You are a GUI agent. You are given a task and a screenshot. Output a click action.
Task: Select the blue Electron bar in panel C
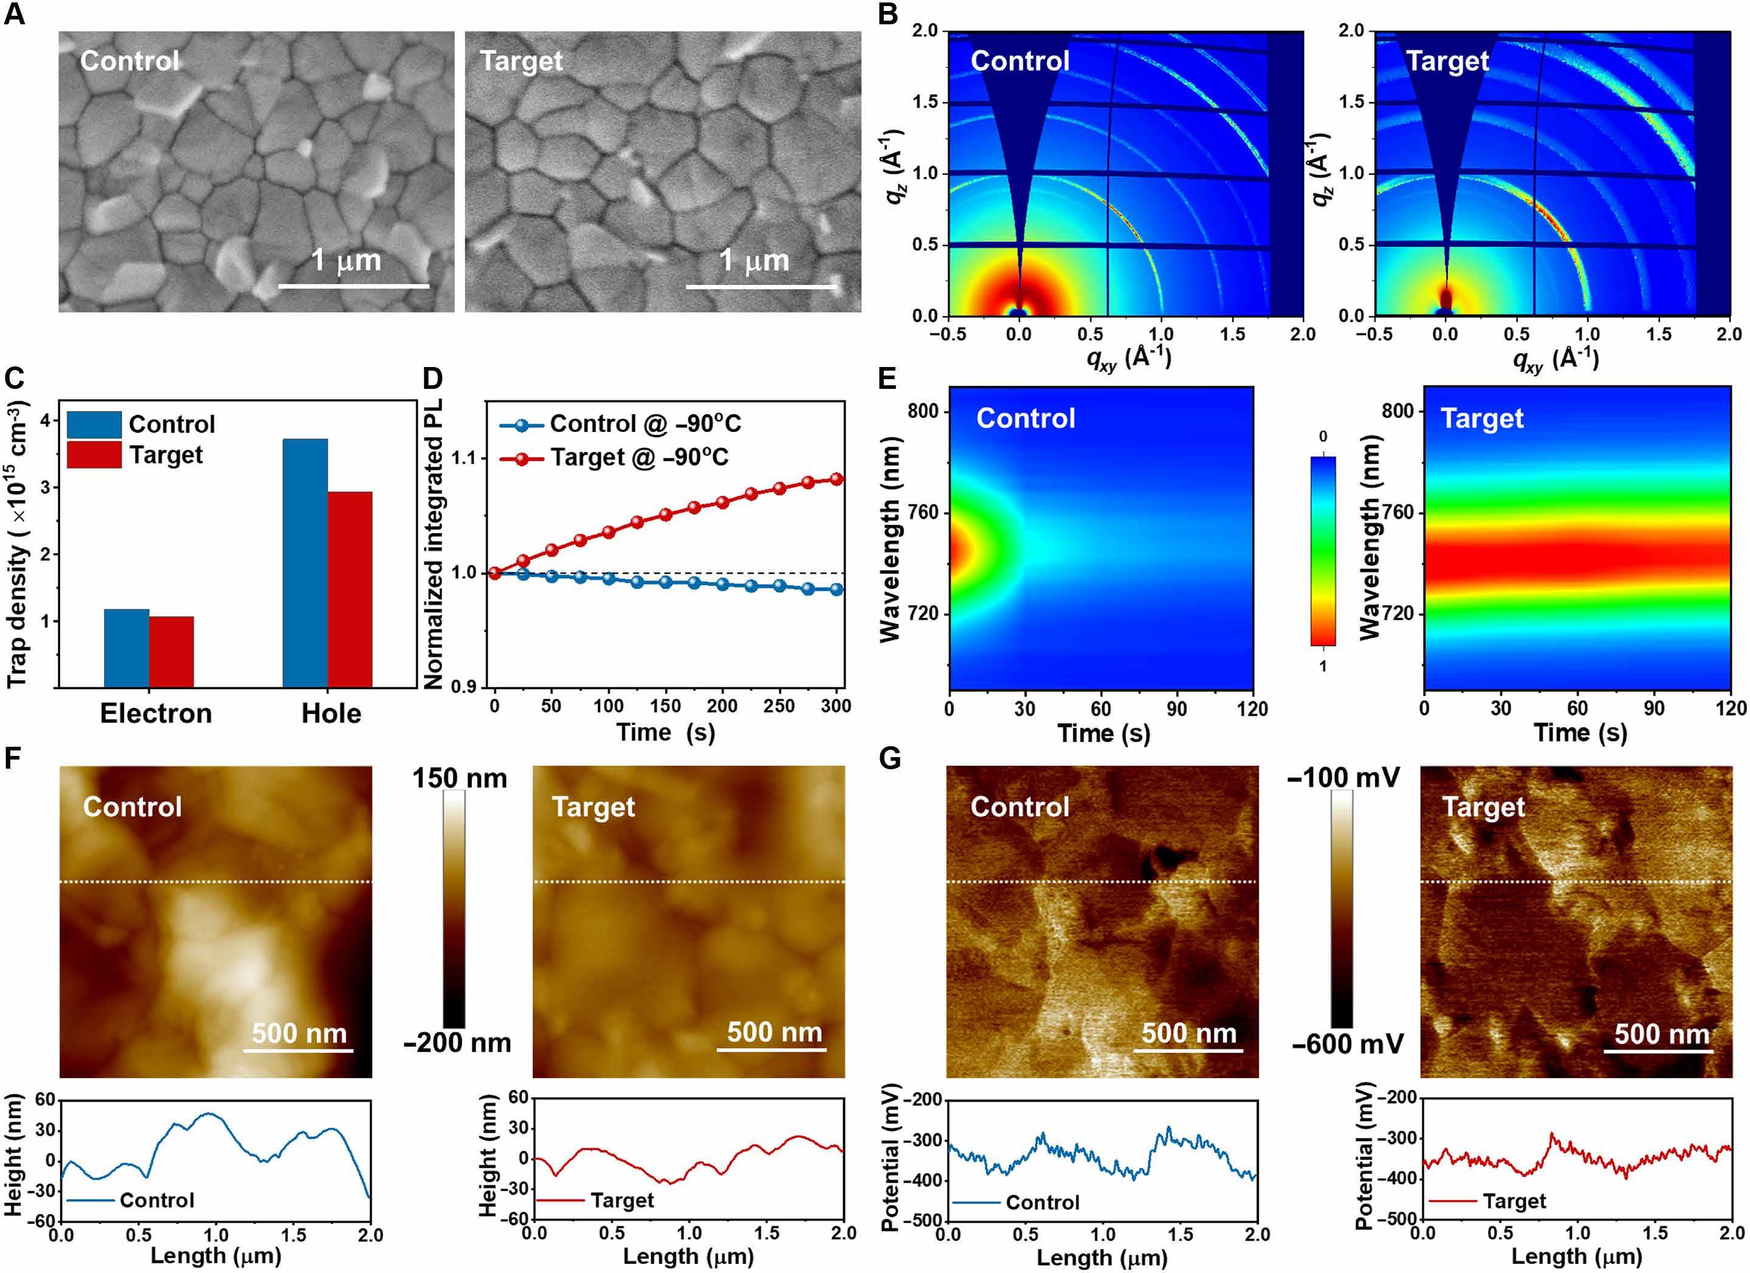point(126,648)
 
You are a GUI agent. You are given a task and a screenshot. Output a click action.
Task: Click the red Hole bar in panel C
point(350,589)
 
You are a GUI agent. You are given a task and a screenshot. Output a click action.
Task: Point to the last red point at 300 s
point(836,479)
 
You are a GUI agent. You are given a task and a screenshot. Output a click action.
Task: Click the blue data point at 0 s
point(495,573)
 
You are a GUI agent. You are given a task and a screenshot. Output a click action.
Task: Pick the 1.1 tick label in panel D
point(464,458)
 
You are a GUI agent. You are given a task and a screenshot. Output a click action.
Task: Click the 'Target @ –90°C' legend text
point(639,458)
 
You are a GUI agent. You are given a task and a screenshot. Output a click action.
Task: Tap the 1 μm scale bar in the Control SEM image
point(353,286)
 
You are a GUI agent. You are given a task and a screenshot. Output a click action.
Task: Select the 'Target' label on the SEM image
point(522,61)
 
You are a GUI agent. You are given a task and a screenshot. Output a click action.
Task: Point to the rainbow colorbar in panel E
point(1323,551)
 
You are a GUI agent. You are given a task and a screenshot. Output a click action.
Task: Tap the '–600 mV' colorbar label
point(1347,1045)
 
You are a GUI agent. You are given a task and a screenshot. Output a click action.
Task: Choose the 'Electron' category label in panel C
point(156,713)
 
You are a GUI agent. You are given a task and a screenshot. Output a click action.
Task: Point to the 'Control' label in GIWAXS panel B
point(1020,61)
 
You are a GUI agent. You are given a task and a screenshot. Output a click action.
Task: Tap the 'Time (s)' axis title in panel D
point(666,732)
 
